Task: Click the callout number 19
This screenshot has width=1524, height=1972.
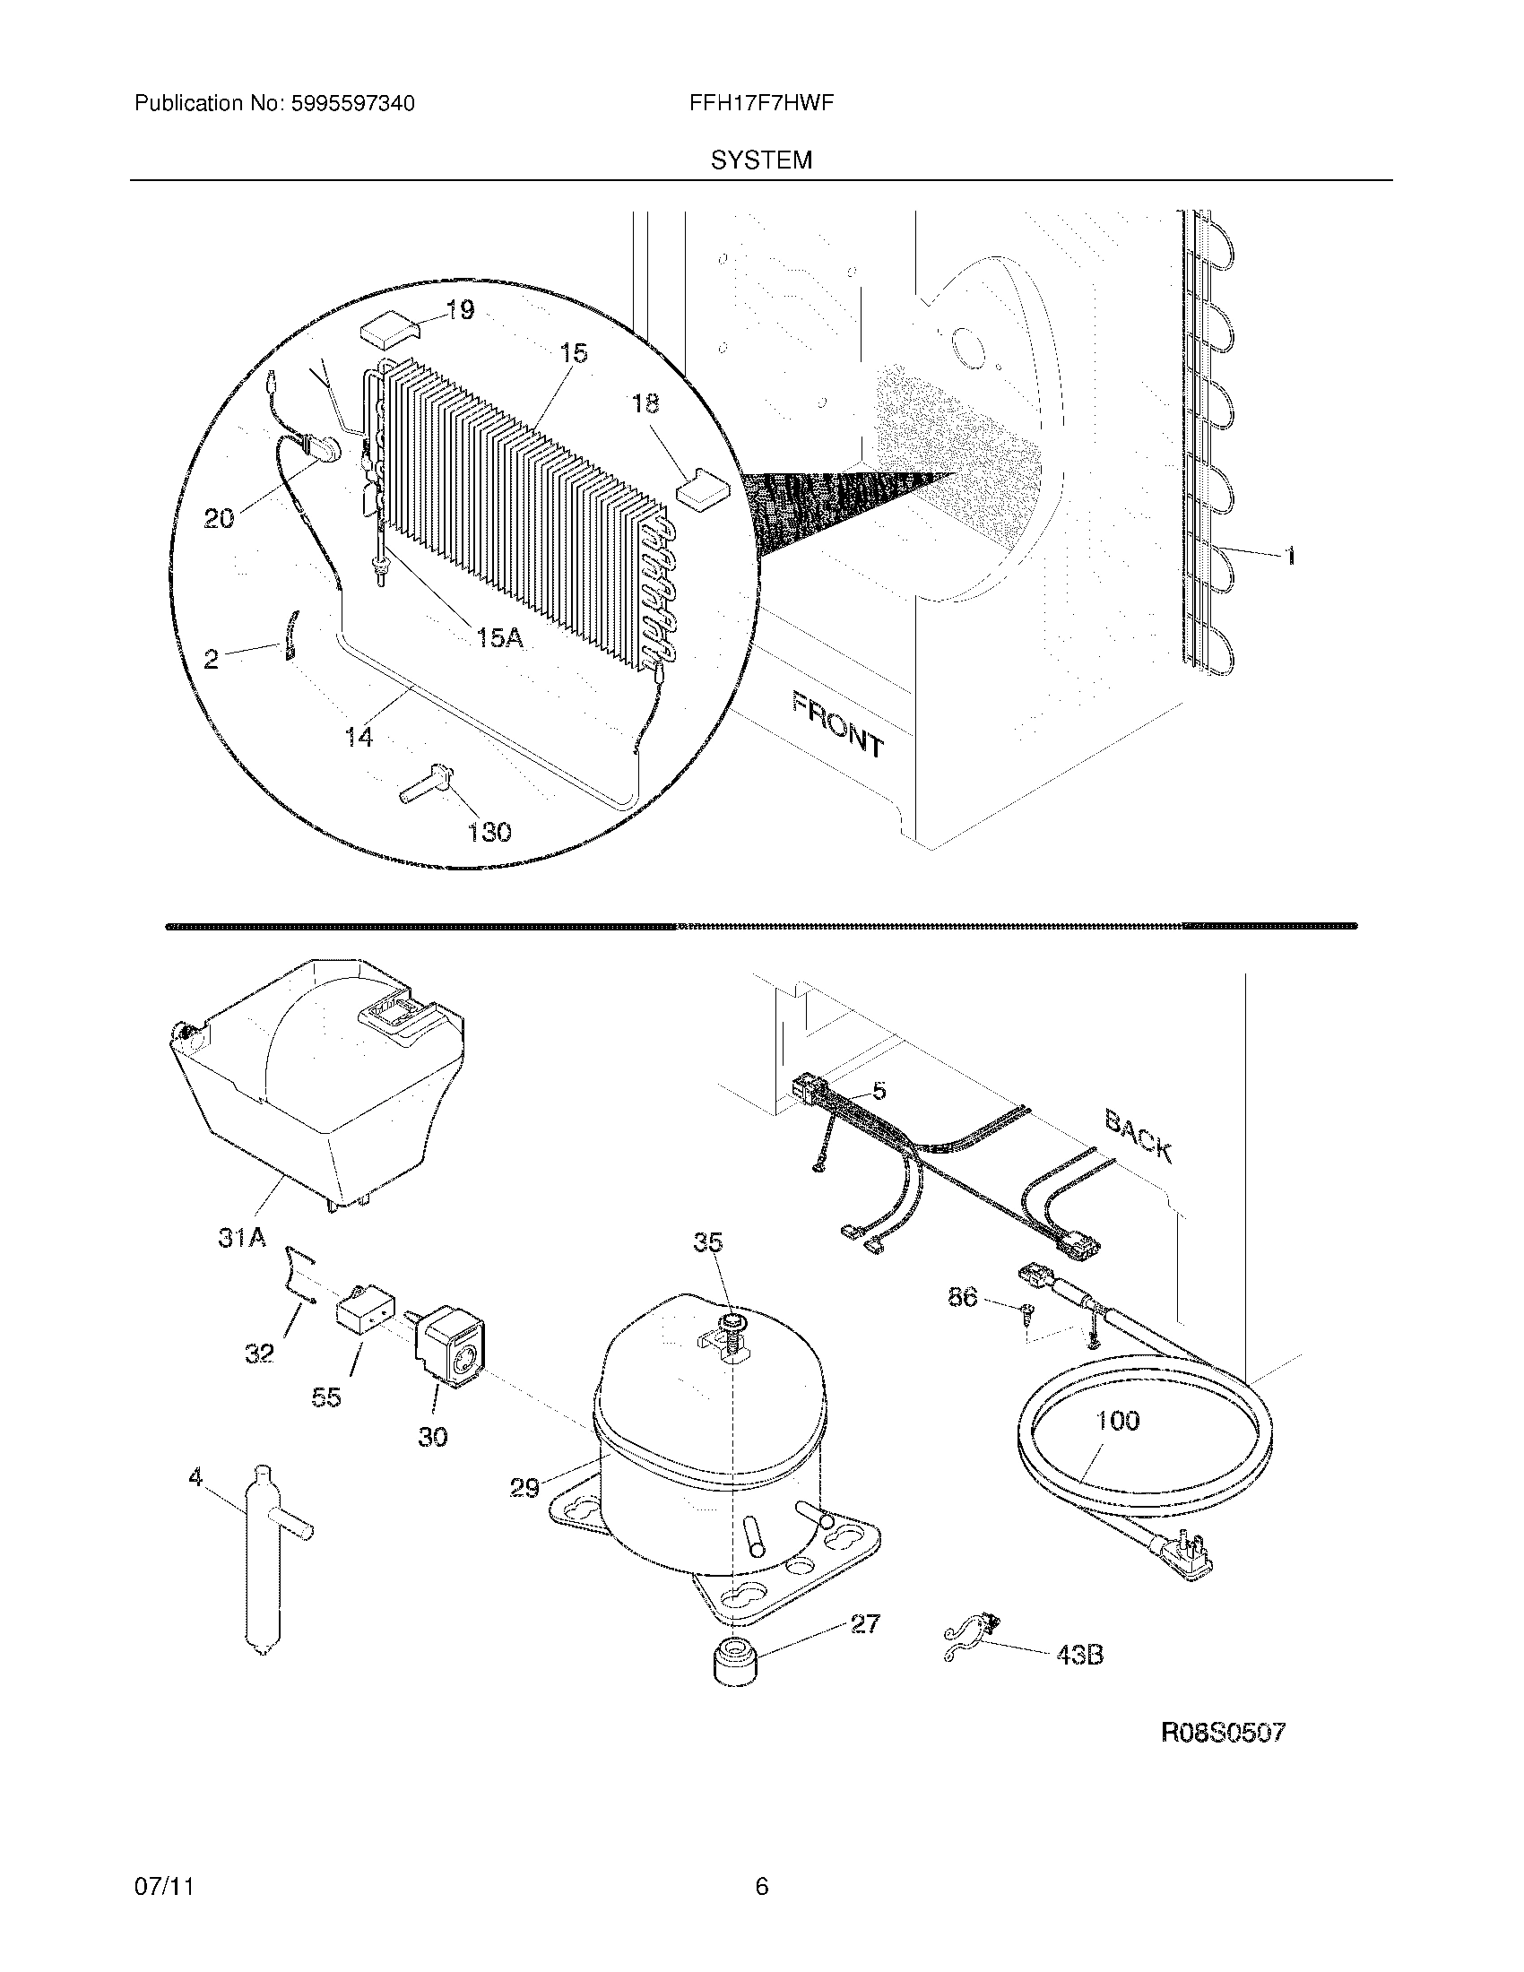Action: [460, 311]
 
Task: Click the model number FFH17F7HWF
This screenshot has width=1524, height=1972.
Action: [760, 104]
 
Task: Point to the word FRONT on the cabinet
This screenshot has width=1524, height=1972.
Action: [838, 723]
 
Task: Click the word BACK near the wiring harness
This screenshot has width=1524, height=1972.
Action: [1139, 1136]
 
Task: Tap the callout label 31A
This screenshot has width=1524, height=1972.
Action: [242, 1238]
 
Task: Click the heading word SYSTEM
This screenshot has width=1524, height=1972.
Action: [761, 160]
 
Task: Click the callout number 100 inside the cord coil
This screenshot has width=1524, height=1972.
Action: [1117, 1421]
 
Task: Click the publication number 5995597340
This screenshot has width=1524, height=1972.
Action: [353, 104]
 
